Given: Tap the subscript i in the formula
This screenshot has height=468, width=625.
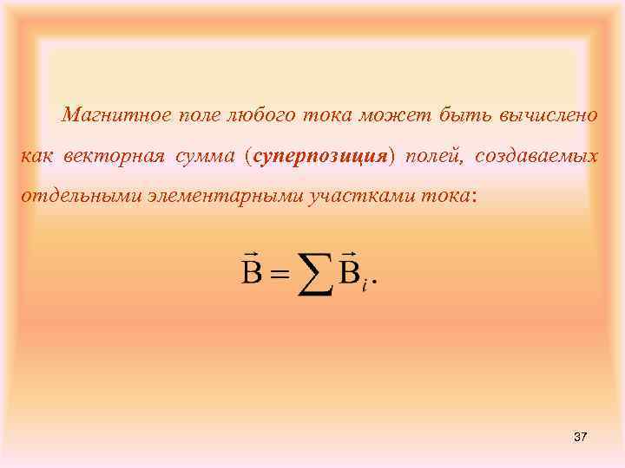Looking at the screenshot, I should (x=365, y=285).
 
